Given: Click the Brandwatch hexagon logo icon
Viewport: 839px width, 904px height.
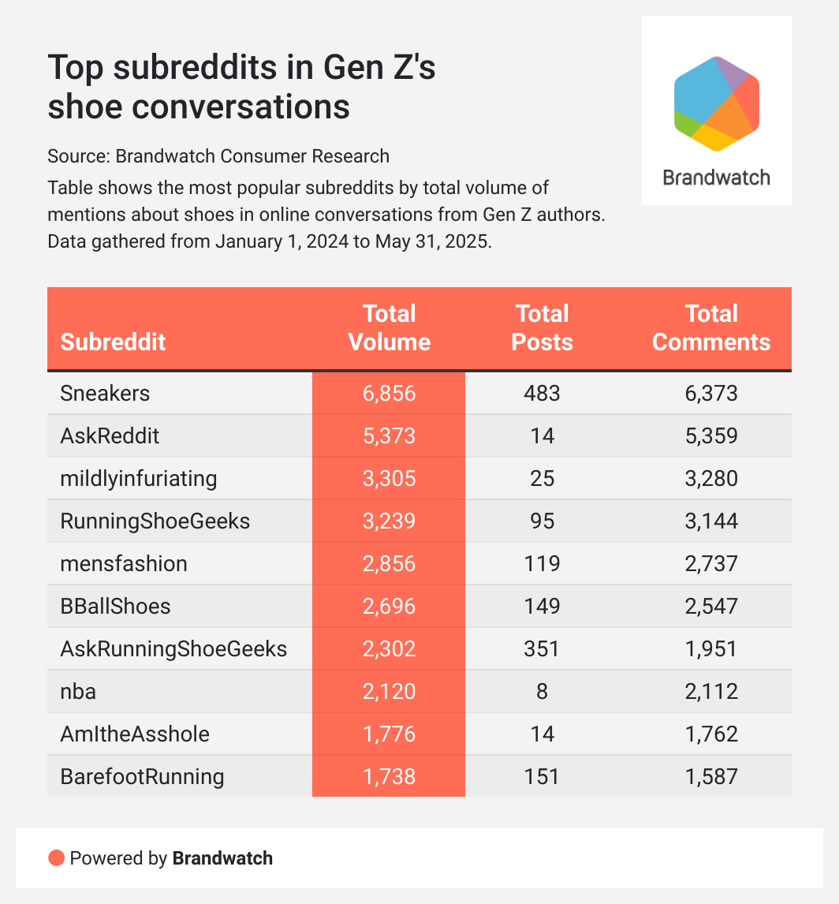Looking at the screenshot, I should click(716, 103).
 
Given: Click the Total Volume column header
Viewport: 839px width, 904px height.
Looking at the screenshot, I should click(390, 327).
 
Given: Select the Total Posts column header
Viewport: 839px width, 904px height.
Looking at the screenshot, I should click(542, 327).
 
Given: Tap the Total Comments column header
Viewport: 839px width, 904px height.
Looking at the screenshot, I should click(711, 327).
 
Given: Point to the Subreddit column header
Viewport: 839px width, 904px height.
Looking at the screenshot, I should click(113, 342).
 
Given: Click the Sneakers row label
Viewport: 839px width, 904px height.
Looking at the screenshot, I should click(105, 393).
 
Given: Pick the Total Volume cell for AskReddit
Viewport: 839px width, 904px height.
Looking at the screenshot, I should click(389, 435).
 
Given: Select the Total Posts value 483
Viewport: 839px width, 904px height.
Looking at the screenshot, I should click(542, 393).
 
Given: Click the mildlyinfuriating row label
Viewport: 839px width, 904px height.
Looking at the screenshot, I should click(138, 478).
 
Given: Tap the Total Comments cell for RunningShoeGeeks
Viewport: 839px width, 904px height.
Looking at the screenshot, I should click(711, 521).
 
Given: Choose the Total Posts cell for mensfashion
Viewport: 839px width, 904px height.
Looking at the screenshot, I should click(542, 563).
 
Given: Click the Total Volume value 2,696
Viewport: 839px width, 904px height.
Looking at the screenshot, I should click(389, 606).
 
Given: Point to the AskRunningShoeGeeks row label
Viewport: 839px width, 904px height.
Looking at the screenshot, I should click(173, 648).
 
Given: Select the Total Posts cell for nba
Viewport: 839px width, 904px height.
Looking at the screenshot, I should click(542, 691).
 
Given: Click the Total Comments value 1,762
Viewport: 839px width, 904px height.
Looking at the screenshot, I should click(711, 734).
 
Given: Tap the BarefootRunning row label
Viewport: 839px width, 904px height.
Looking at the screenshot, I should click(142, 776).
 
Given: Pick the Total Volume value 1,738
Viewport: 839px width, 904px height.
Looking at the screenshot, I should click(389, 776).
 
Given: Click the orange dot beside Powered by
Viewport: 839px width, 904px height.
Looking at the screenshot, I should click(56, 858).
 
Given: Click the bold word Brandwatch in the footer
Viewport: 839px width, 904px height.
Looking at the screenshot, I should click(222, 858).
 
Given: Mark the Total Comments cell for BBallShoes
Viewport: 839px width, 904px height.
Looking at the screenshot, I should click(711, 606).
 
